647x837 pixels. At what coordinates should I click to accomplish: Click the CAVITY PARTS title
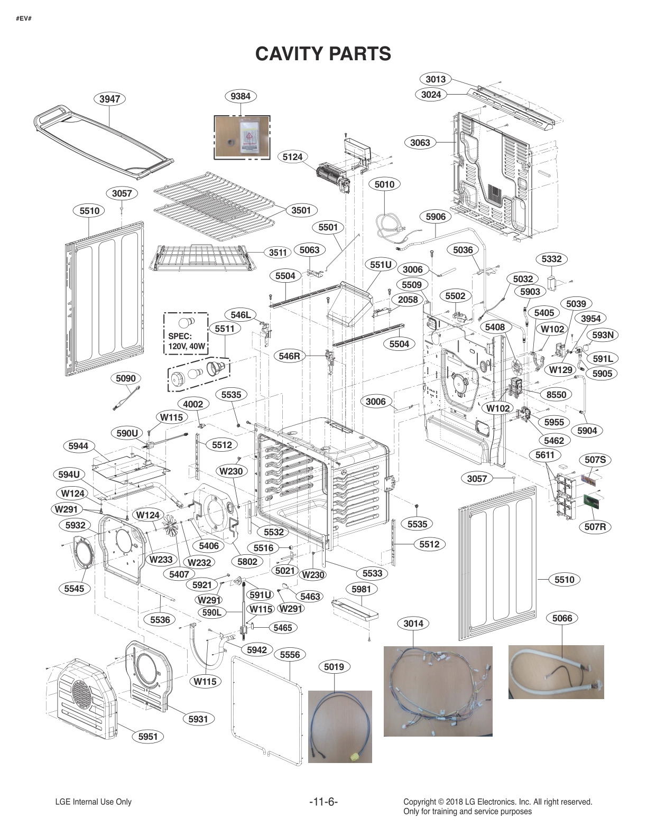323,53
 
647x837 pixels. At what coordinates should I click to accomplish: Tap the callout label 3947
109,99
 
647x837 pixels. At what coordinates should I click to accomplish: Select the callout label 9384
241,96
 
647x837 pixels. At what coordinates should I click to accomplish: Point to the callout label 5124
292,157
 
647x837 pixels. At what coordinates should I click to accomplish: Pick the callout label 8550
556,395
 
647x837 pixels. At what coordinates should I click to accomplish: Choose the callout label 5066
562,618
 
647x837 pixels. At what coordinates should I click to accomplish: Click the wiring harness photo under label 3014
438,691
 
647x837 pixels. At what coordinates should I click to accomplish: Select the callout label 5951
148,737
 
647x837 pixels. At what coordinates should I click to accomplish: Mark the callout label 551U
381,264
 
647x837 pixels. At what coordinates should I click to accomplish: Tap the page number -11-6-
323,802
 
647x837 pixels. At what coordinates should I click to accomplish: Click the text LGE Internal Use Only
93,802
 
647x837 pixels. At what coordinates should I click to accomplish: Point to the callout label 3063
420,143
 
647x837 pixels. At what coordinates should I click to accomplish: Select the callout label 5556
290,655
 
